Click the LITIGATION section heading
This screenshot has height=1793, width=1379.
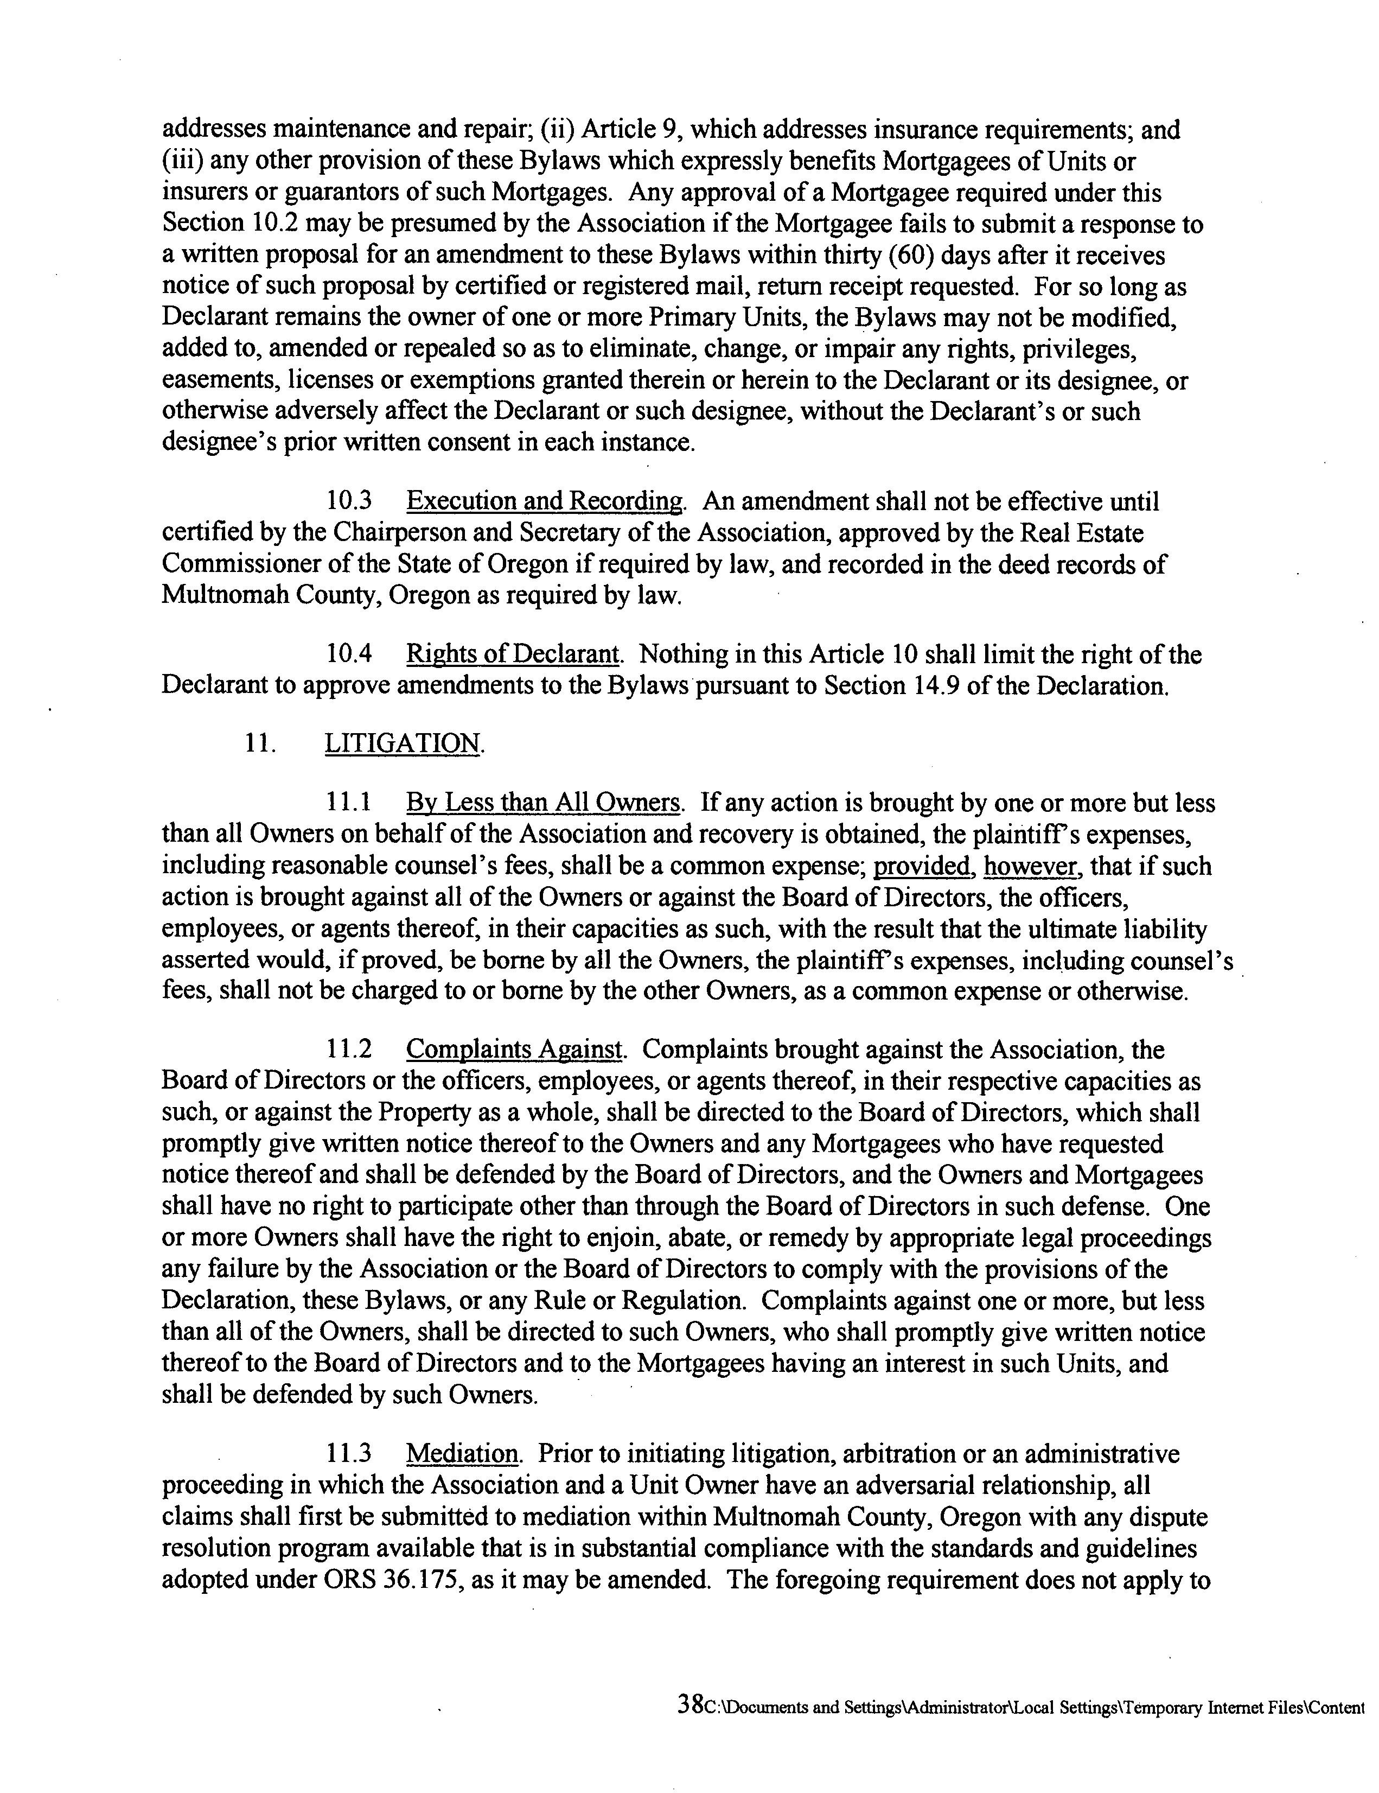click(402, 744)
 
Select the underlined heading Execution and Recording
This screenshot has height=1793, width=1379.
click(544, 501)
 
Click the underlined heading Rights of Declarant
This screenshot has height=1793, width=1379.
click(513, 654)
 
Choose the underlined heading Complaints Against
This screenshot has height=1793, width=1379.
click(515, 1050)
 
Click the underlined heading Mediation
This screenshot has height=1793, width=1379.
click(463, 1454)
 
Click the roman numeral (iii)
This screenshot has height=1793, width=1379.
click(181, 162)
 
